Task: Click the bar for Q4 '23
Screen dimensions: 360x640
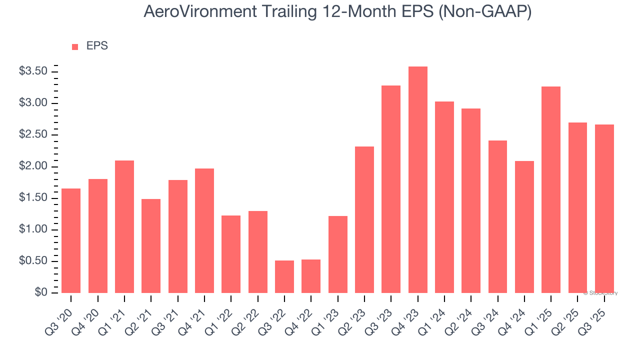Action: [418, 180]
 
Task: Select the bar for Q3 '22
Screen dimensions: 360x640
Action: [284, 276]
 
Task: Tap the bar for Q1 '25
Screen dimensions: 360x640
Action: [551, 190]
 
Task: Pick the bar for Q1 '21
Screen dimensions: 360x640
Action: [124, 226]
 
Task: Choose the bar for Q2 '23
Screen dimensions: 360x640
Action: [364, 220]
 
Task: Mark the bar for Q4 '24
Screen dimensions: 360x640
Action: [524, 227]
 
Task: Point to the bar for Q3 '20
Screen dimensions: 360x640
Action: [71, 240]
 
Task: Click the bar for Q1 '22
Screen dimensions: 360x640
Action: [231, 254]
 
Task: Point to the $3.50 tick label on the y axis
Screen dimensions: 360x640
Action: [33, 71]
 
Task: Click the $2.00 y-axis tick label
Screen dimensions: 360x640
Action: [33, 166]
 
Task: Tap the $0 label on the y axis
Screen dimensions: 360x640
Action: [41, 293]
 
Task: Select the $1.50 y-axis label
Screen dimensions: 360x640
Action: [33, 198]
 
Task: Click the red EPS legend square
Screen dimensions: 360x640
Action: [75, 47]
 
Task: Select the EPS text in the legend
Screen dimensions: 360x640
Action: [97, 46]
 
